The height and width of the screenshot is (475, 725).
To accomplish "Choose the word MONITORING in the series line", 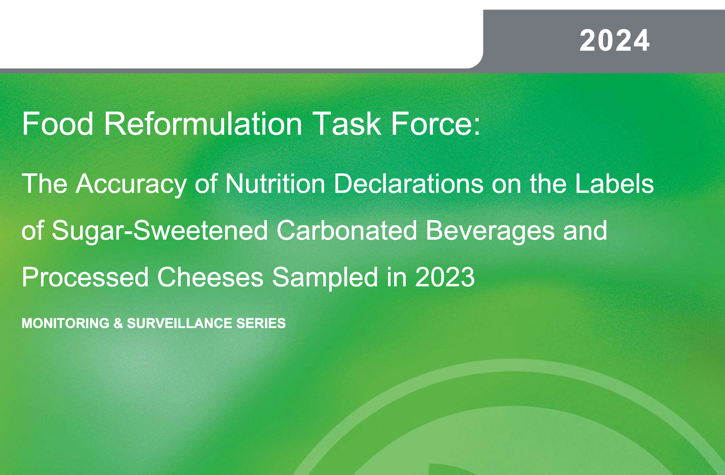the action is (66, 323).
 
